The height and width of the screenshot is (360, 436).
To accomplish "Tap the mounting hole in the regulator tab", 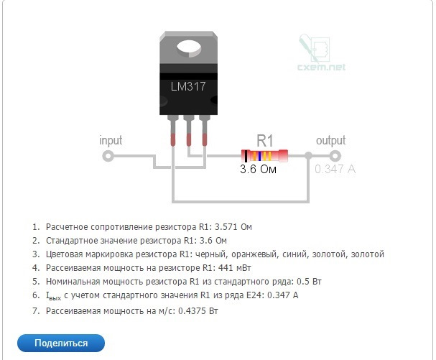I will click(x=188, y=49).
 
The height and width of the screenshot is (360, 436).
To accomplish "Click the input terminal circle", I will click(x=108, y=155).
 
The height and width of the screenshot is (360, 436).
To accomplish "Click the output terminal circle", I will click(x=334, y=155).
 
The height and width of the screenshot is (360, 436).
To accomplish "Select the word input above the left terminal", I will click(x=111, y=140).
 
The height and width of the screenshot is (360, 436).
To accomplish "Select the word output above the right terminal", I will click(x=331, y=140).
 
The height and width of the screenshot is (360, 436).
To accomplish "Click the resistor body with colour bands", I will click(x=265, y=155).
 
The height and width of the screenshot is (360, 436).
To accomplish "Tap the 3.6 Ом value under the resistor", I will click(x=258, y=170).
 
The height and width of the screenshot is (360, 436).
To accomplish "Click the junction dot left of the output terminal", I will click(x=308, y=155).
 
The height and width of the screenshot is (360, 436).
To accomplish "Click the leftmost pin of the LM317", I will click(x=173, y=129).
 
